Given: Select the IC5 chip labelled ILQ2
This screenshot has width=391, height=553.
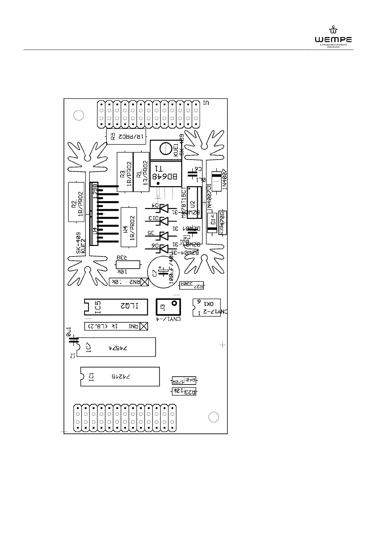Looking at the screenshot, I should tap(116, 307).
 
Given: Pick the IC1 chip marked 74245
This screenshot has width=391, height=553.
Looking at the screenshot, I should tap(120, 376).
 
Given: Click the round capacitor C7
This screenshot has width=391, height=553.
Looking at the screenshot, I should tap(162, 272).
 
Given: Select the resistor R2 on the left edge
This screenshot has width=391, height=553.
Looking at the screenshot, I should tap(76, 202).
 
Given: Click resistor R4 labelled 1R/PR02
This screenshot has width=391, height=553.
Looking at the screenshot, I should tap(129, 227).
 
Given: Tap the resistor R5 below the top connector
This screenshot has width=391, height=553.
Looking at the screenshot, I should tap(126, 136).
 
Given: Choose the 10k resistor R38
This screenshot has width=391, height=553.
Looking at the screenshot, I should tap(128, 265).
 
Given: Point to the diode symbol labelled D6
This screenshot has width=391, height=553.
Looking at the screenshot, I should tap(163, 249).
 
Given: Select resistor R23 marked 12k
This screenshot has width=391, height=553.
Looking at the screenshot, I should tap(184, 391).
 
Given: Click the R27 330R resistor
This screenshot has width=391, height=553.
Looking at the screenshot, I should tap(191, 285).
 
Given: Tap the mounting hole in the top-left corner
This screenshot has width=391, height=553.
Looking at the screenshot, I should tap(79, 115).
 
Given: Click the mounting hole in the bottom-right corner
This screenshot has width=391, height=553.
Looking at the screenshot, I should tap(214, 417).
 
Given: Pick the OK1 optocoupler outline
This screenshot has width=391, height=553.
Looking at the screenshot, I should tap(206, 307).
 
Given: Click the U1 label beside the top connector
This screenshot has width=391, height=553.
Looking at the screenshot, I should tap(206, 103).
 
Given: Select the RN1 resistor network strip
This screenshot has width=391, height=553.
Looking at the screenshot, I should tap(116, 326).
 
